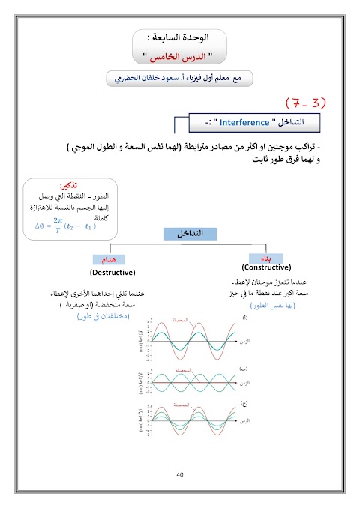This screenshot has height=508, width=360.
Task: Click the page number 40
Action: [x=179, y=474]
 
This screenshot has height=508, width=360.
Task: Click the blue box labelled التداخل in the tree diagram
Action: [x=190, y=234]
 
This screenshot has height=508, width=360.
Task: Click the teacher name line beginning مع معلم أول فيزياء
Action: [x=180, y=76]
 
